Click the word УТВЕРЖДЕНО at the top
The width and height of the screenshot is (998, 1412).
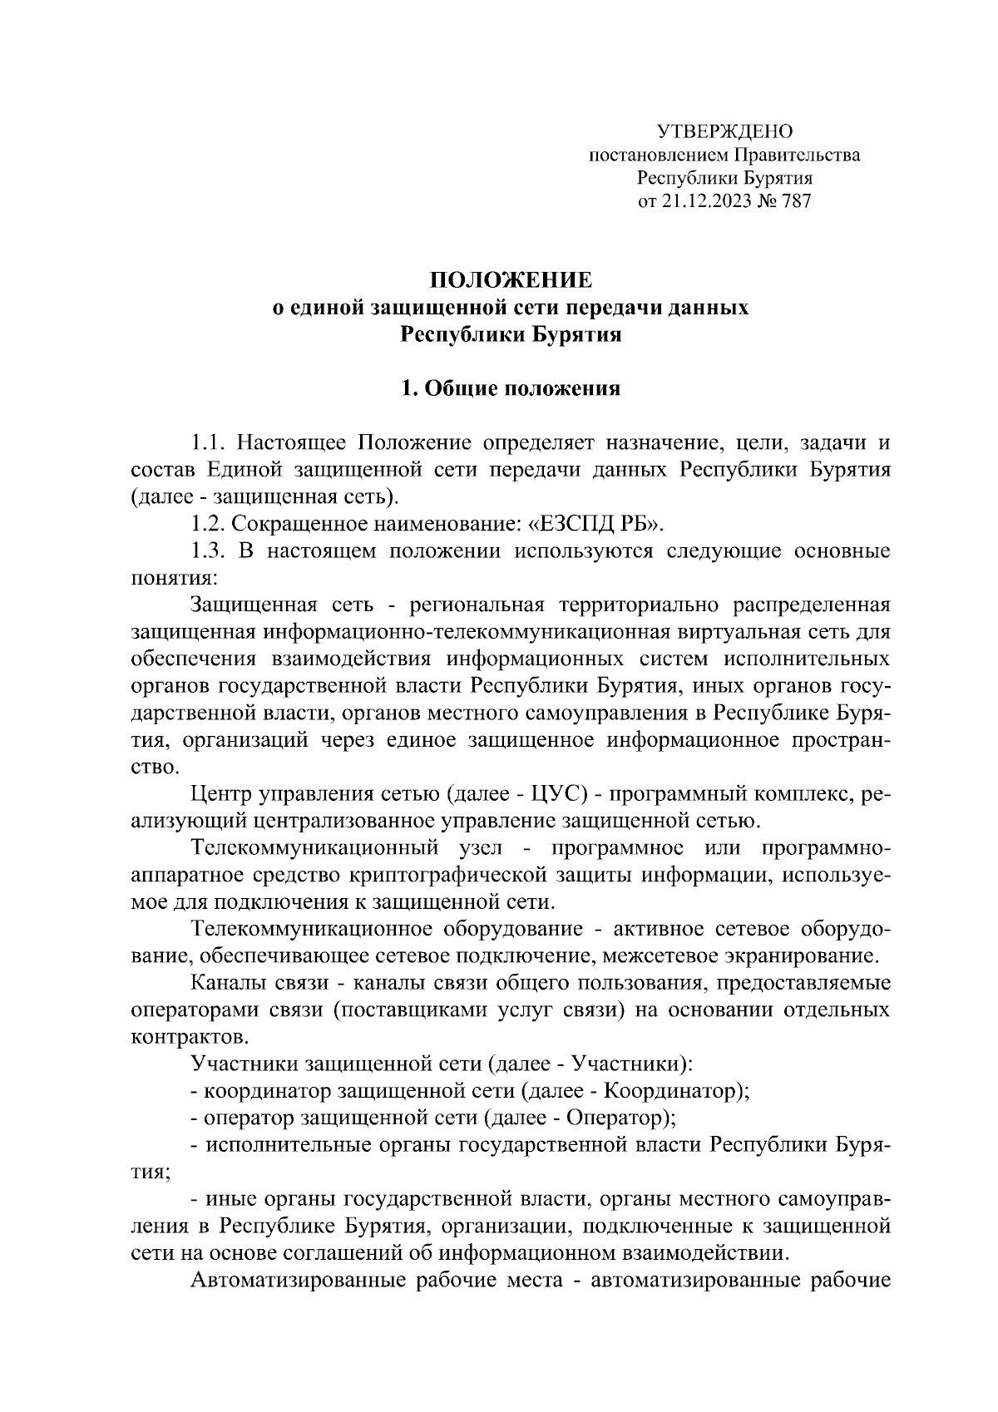pyautogui.click(x=724, y=131)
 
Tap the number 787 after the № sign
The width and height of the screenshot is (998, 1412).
pyautogui.click(x=795, y=200)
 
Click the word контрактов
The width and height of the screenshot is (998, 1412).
pyautogui.click(x=189, y=1037)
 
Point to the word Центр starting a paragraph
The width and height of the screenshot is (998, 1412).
pyautogui.click(x=219, y=795)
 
